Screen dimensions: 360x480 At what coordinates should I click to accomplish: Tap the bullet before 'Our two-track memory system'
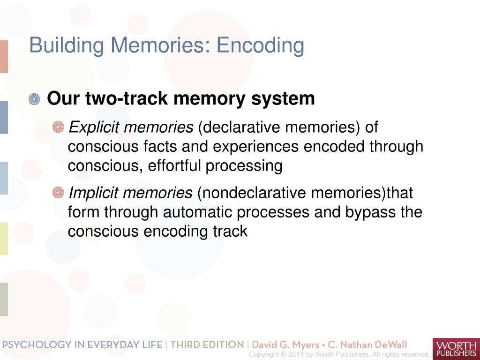click(34, 99)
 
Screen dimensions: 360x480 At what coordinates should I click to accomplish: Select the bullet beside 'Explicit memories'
click(58, 127)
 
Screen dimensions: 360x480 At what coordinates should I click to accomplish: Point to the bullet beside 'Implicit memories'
click(58, 192)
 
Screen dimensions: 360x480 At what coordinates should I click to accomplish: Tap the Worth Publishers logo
click(456, 349)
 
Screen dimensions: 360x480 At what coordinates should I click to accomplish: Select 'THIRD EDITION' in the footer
click(207, 345)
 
